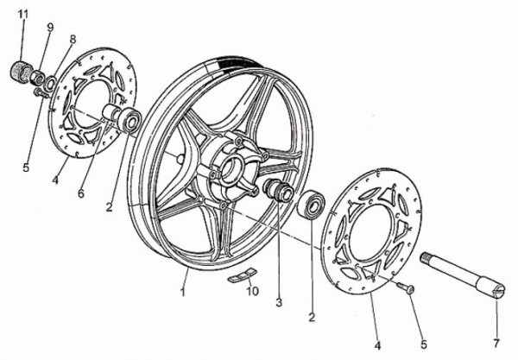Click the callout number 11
coord(22,15)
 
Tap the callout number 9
coord(50,28)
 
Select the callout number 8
coord(73,39)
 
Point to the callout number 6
coord(81,193)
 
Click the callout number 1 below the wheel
coord(183,292)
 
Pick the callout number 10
coord(252,291)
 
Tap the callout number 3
coord(279,302)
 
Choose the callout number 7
coord(496,344)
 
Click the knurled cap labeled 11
coord(21,71)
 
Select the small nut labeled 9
coord(37,78)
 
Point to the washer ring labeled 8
coord(50,84)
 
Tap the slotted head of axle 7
coord(498,292)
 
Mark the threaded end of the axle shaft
coord(426,258)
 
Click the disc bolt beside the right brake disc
coord(406,287)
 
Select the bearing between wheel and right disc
coord(312,205)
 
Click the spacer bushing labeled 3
coord(278,190)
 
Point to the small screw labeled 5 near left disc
coord(41,93)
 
